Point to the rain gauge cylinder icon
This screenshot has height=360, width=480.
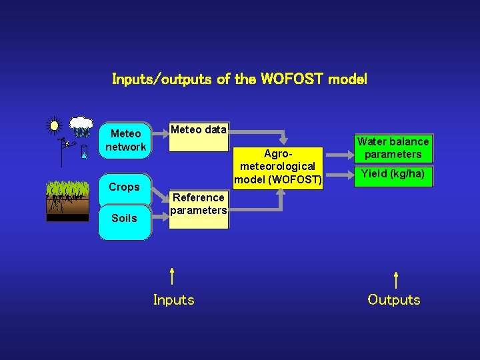[x=83, y=152]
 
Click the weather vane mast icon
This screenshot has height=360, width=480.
[x=62, y=151]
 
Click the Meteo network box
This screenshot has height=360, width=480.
[x=125, y=140]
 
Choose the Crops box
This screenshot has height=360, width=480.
[x=125, y=187]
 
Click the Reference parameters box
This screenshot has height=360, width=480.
[x=198, y=204]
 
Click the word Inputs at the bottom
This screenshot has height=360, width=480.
[x=174, y=300]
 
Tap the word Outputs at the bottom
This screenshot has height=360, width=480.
[x=394, y=300]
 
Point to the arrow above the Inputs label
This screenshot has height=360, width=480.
[x=172, y=276]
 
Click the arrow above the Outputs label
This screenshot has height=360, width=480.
[x=396, y=279]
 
